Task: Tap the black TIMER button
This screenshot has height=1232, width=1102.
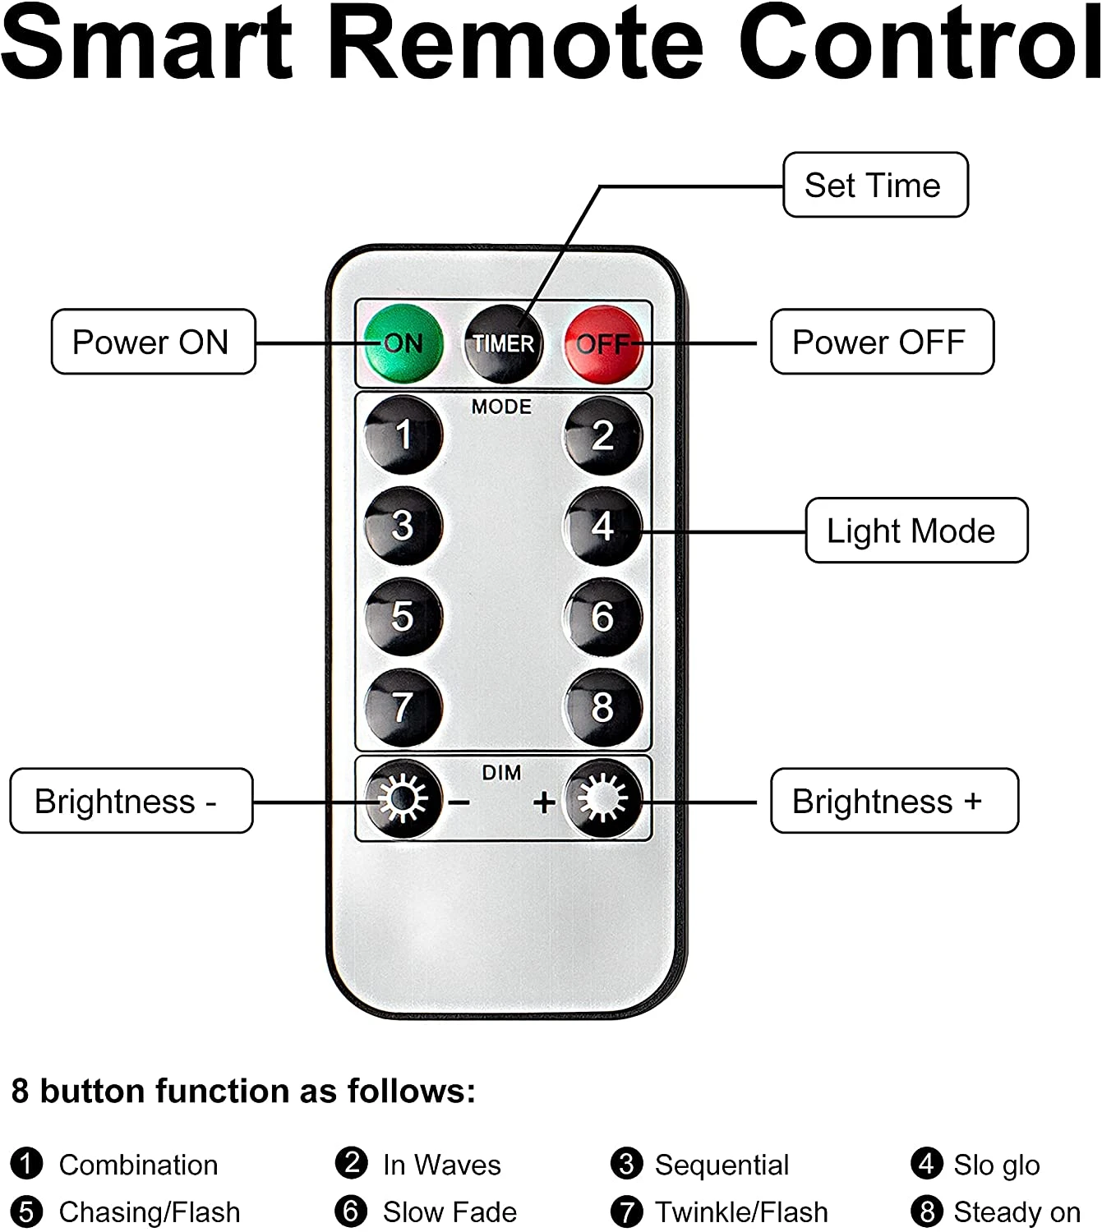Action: [503, 343]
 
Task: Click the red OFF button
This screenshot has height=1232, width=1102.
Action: [603, 343]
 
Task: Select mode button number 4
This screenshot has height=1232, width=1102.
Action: [603, 526]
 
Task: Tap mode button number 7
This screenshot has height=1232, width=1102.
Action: [403, 707]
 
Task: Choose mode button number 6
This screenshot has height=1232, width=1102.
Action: [603, 617]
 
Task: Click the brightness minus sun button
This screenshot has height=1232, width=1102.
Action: [403, 799]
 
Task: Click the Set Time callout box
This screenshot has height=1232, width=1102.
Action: [875, 186]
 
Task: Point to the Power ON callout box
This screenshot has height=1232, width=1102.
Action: [153, 342]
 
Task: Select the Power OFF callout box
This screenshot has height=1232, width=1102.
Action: [881, 342]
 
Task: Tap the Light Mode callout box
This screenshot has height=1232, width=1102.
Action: [915, 531]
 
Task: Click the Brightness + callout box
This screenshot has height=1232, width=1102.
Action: [893, 801]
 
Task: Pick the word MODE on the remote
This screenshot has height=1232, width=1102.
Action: [501, 407]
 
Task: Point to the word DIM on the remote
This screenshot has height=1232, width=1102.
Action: [501, 773]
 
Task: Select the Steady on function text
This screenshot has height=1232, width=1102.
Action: [1017, 1211]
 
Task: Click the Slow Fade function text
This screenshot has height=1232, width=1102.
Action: [450, 1211]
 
